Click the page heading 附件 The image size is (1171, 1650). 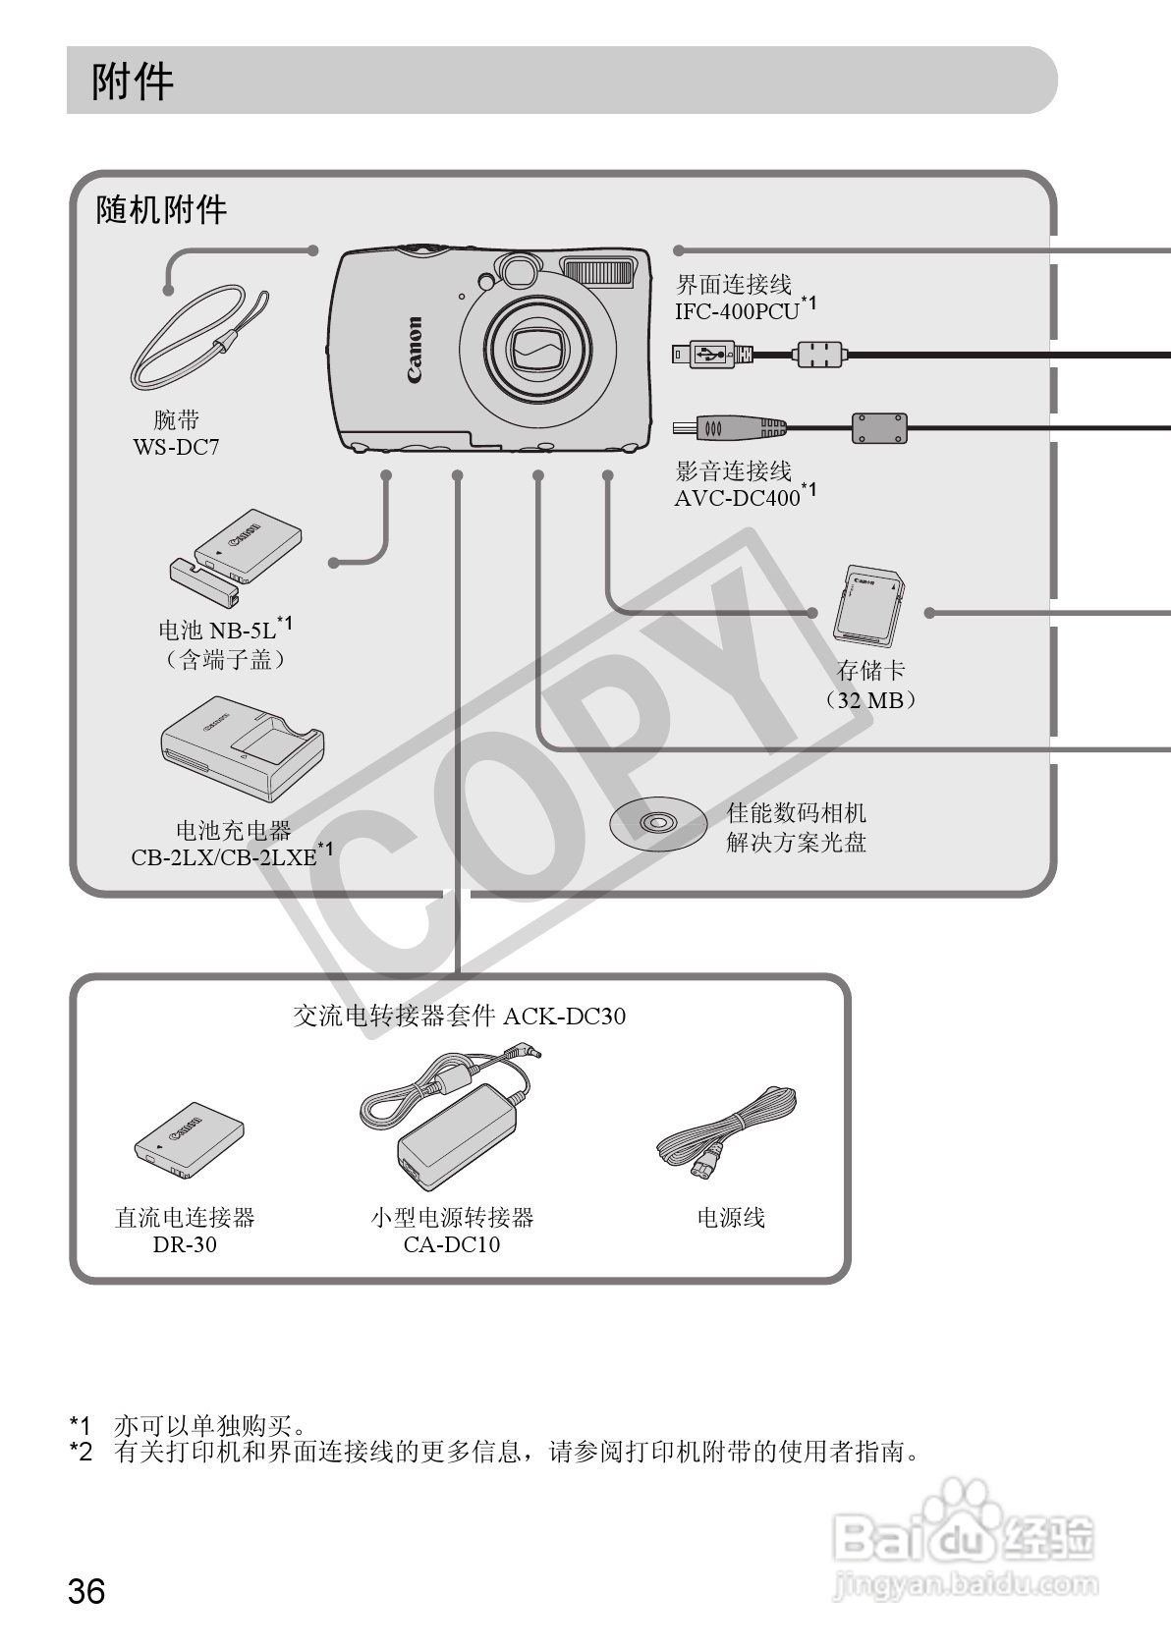point(133,82)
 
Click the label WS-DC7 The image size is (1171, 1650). point(177,447)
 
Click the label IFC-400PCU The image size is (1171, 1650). point(737,311)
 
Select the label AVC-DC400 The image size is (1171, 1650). point(738,498)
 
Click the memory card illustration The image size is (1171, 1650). point(867,605)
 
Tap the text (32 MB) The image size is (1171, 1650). point(870,700)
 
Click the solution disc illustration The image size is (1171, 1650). point(658,822)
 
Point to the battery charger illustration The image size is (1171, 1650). point(242,747)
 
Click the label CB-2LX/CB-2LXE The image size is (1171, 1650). point(225,856)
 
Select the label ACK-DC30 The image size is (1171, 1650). point(564,1016)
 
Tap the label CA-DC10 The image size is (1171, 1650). point(451,1244)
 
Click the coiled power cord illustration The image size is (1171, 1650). point(727,1129)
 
